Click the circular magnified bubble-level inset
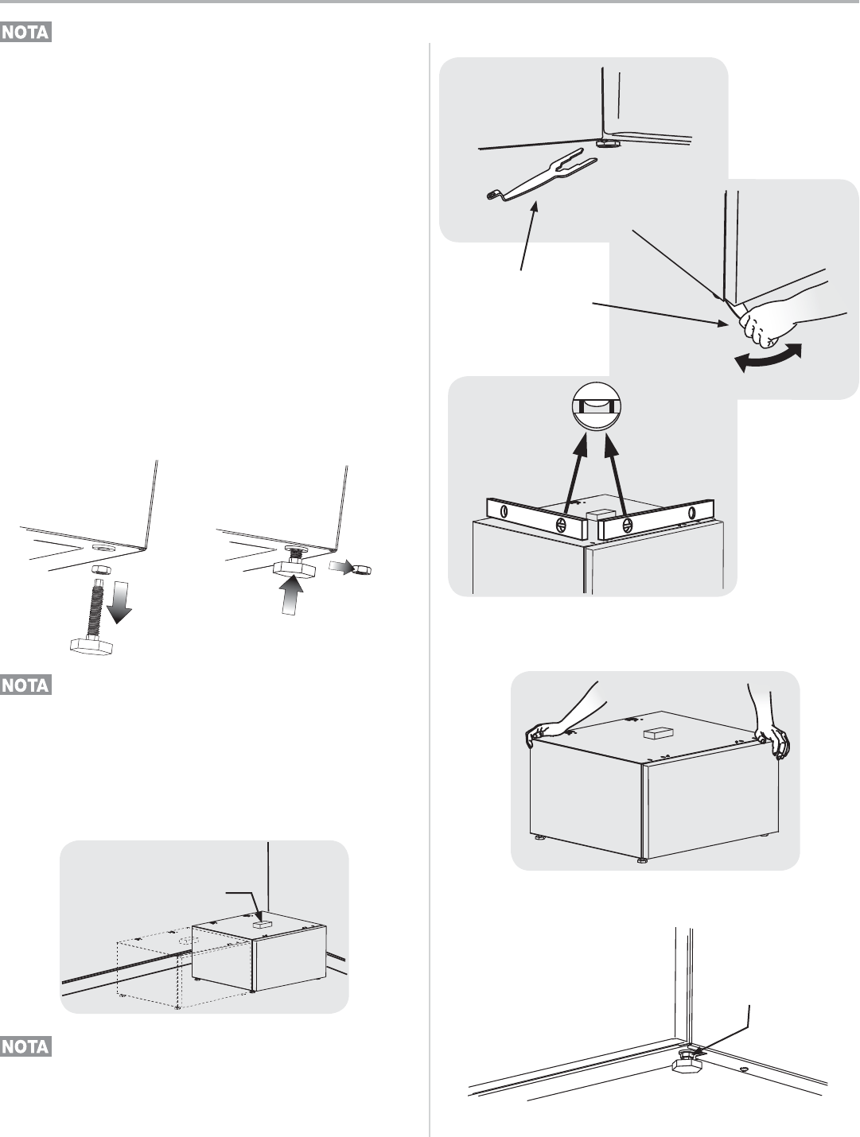(x=596, y=408)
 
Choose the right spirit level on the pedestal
(x=656, y=518)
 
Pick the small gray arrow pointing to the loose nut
(x=339, y=566)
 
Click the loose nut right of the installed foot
(x=362, y=569)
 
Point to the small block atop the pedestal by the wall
(x=259, y=926)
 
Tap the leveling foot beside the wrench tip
(x=609, y=144)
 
